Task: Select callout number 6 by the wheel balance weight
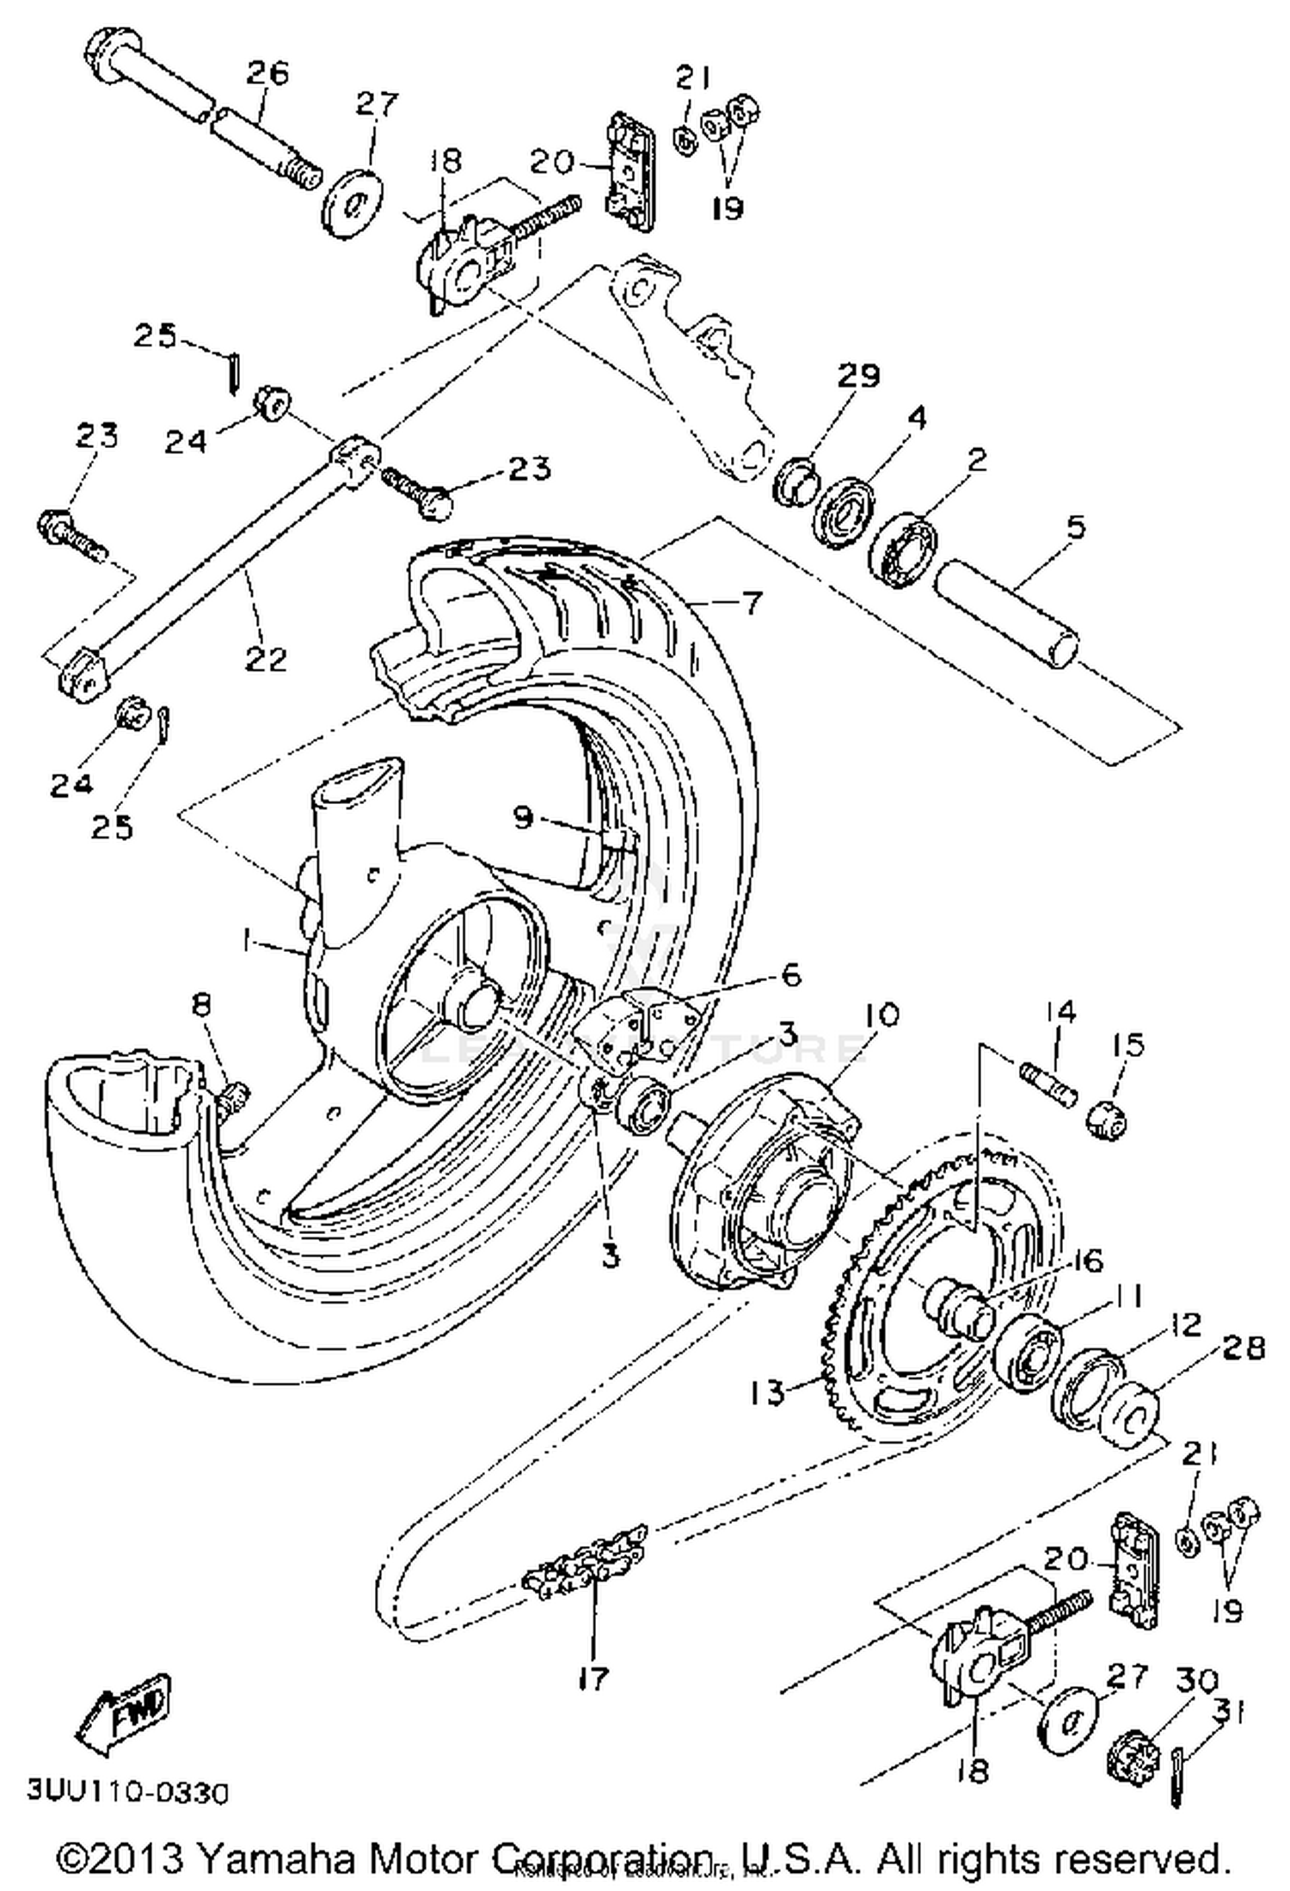click(x=789, y=974)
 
